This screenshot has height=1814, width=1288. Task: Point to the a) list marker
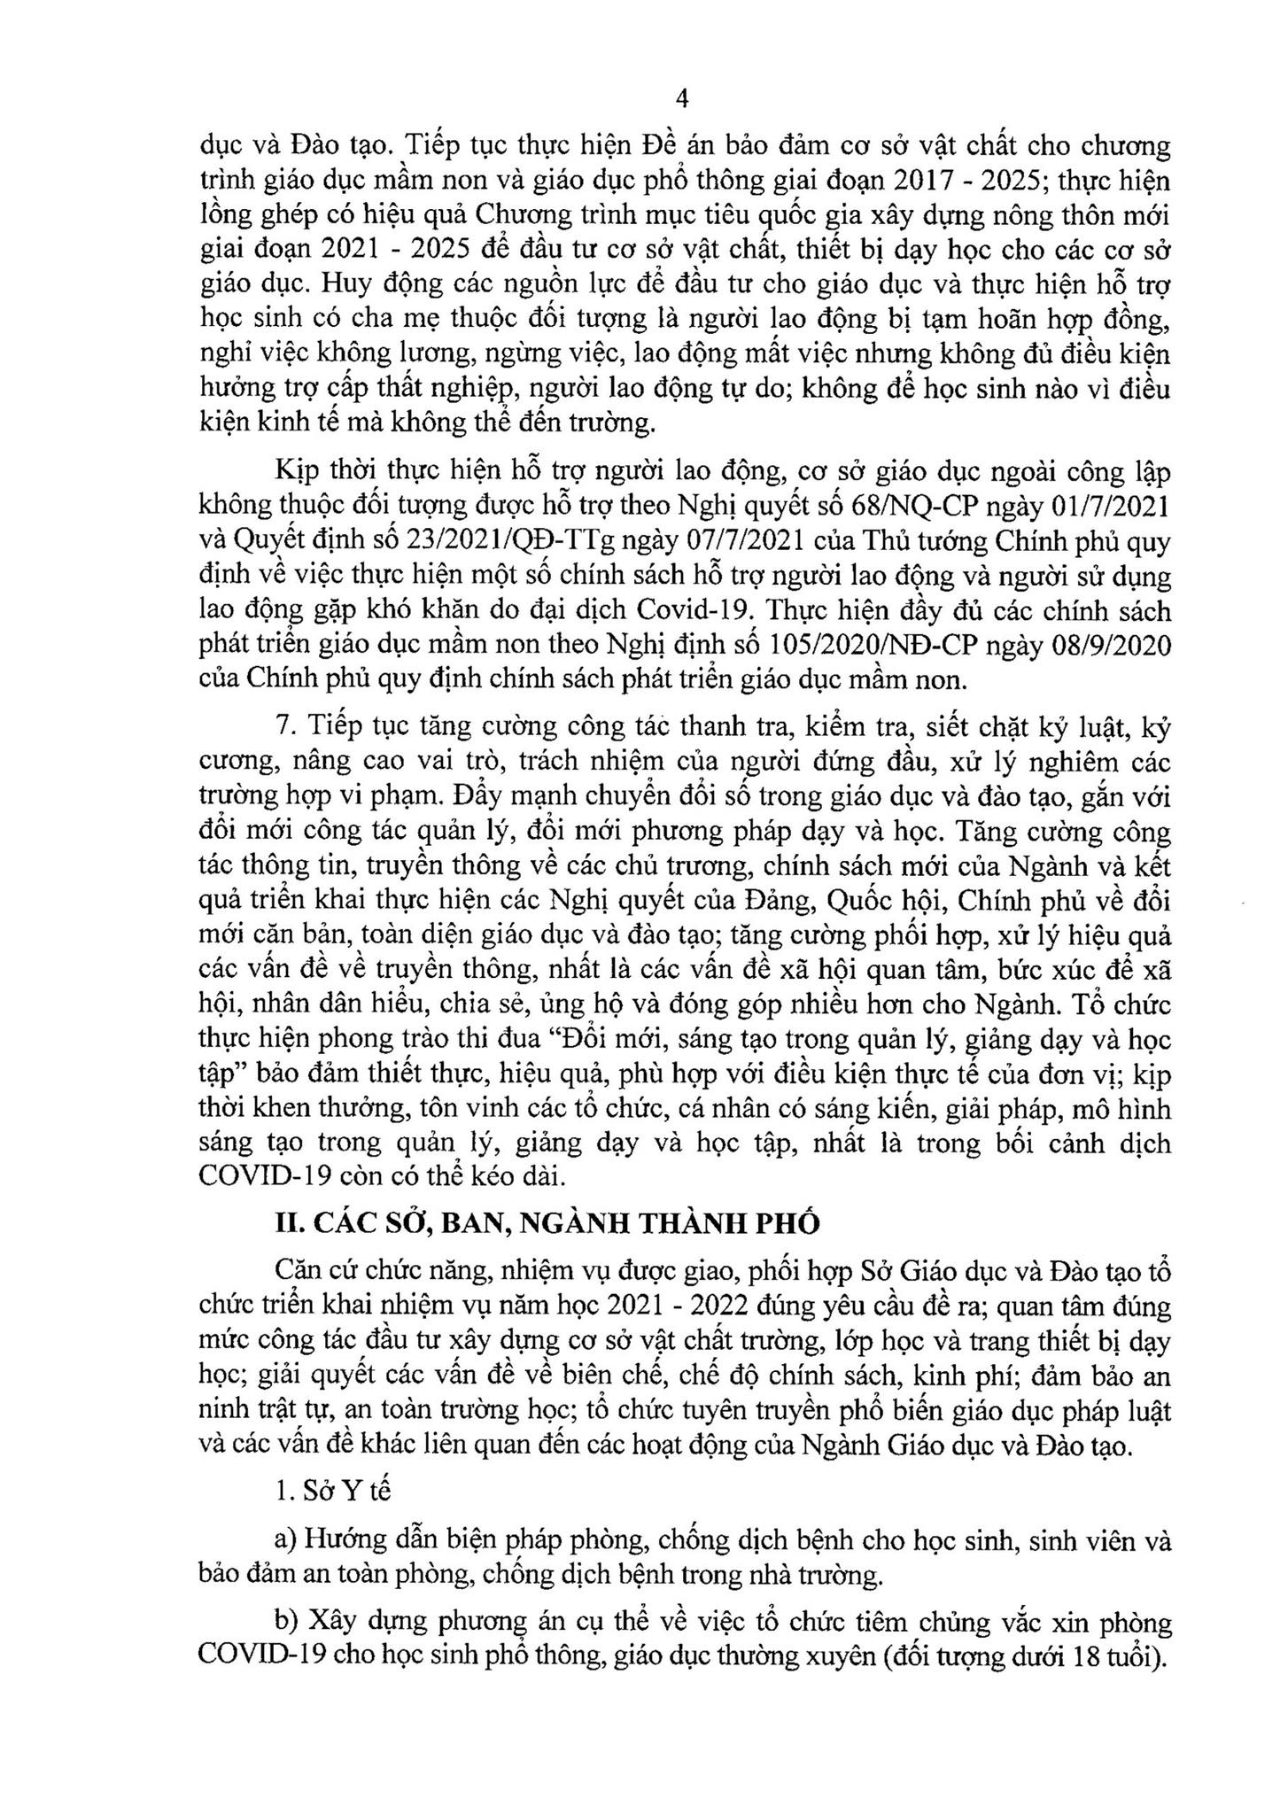pos(285,1541)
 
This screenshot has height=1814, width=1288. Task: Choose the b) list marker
pos(286,1623)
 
